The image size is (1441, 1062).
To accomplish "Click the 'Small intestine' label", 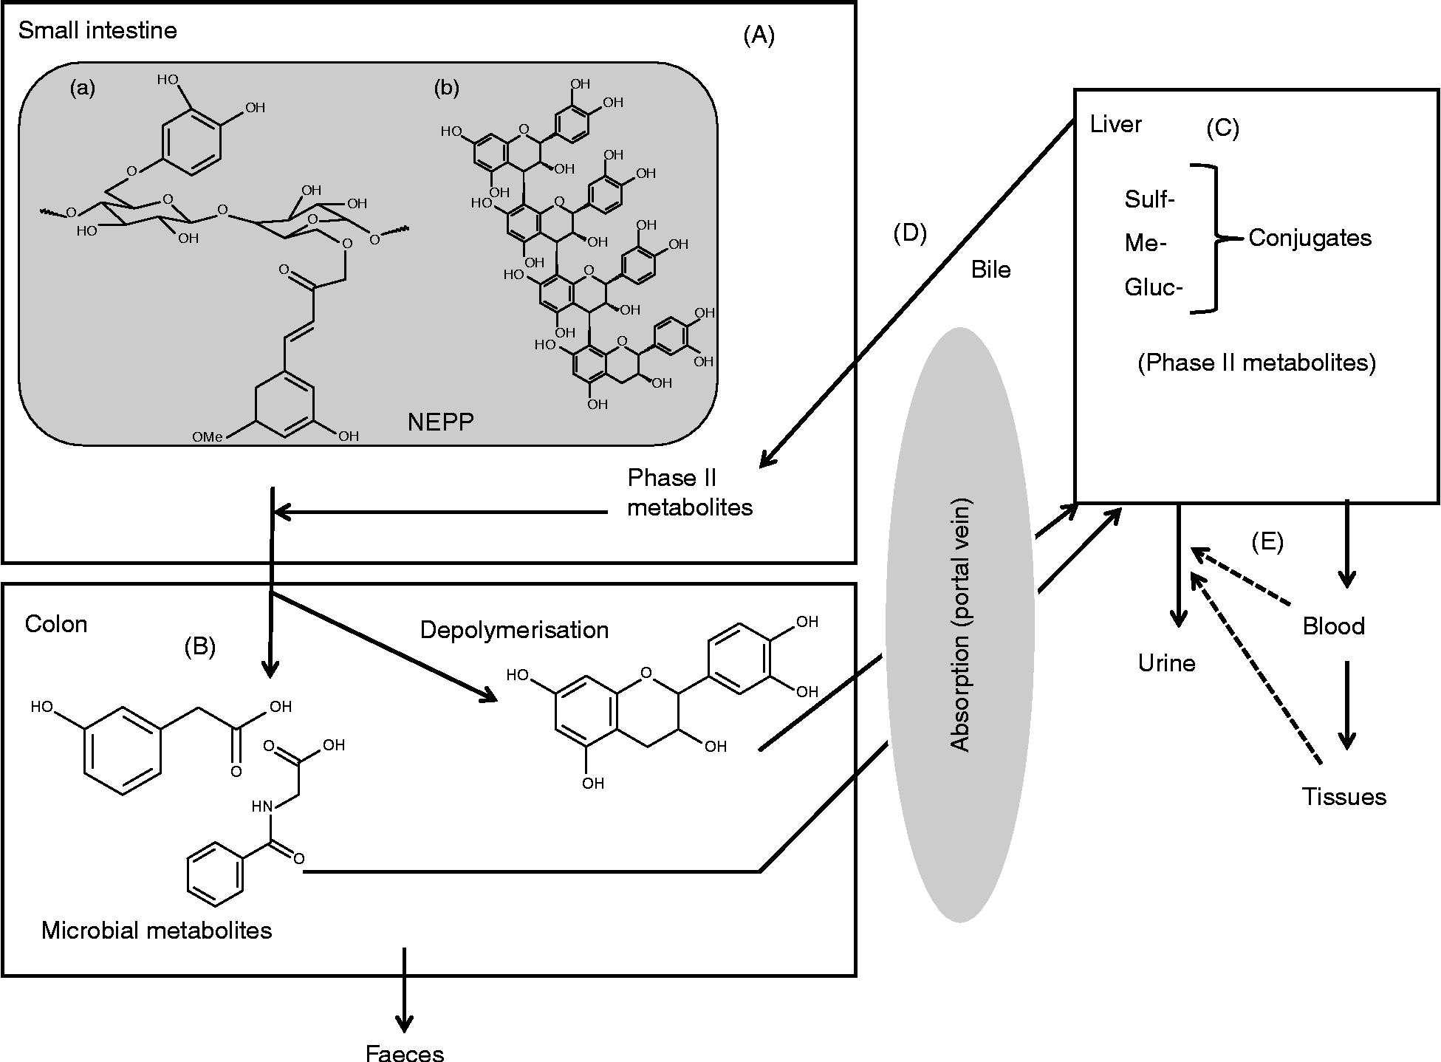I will [97, 31].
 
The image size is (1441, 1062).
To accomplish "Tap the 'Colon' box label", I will [56, 624].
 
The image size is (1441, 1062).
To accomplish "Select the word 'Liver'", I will [1115, 124].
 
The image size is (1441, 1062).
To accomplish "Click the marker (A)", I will [759, 35].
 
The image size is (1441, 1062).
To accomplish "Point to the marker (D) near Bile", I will [909, 233].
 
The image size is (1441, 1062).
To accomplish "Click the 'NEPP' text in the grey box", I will [441, 422].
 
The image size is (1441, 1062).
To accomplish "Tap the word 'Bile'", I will [990, 270].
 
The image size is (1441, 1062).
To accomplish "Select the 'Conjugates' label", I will [1310, 238].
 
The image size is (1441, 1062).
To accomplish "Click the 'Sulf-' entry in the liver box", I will [1149, 199].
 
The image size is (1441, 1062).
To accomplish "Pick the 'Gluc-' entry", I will [1153, 287].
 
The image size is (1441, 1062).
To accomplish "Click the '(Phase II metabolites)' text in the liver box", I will [1256, 363].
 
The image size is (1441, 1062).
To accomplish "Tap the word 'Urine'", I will [1166, 662].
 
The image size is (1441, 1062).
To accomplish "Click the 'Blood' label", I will [1333, 626].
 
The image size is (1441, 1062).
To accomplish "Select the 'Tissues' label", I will [1344, 796].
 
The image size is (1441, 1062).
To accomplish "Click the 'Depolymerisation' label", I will [514, 630].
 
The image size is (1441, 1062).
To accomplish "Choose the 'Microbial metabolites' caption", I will [157, 930].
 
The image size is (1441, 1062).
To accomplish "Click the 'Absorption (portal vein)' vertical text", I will [959, 625].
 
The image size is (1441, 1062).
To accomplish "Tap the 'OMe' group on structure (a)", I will [207, 437].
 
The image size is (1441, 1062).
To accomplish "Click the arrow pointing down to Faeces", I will [404, 990].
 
